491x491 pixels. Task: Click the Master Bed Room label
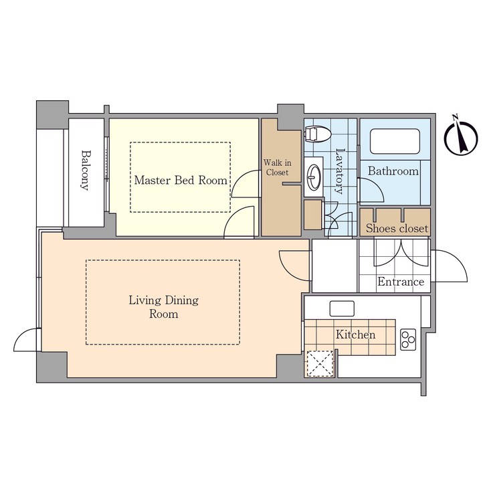click(180, 180)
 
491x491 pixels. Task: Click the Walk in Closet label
click(277, 167)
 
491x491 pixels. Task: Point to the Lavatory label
click(339, 171)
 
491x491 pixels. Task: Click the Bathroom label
click(394, 171)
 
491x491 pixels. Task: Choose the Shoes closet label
click(397, 229)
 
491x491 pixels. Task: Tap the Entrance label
click(401, 282)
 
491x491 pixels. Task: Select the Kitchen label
click(355, 334)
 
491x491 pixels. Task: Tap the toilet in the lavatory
click(316, 134)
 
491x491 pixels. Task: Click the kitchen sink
click(341, 308)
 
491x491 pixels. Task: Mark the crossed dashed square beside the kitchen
click(319, 365)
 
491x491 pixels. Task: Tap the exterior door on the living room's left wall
click(27, 340)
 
